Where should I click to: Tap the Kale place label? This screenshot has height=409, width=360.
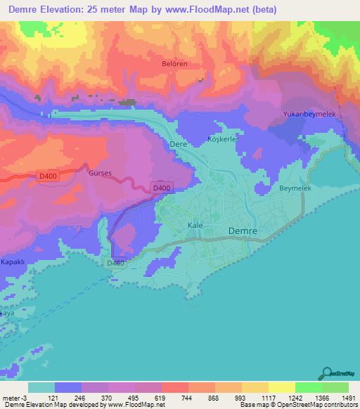click(195, 225)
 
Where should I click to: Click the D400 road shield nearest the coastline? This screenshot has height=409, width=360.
click(116, 263)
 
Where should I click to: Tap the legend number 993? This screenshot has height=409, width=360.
click(229, 396)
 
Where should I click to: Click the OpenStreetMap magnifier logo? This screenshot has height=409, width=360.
click(327, 374)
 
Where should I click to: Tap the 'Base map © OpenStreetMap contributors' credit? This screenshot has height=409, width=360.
click(297, 405)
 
